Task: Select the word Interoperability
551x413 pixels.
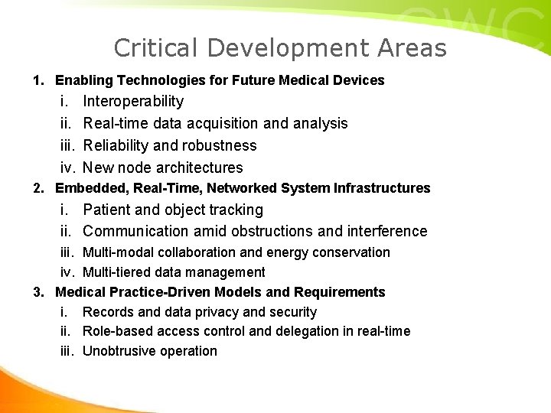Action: [x=133, y=101]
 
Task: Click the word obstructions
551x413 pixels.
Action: [x=267, y=231]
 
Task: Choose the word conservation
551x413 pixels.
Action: [x=353, y=252]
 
